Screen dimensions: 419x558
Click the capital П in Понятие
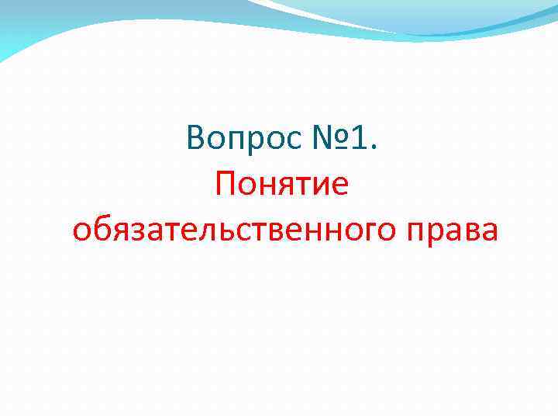[x=229, y=185]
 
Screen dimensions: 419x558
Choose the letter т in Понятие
[x=312, y=187]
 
